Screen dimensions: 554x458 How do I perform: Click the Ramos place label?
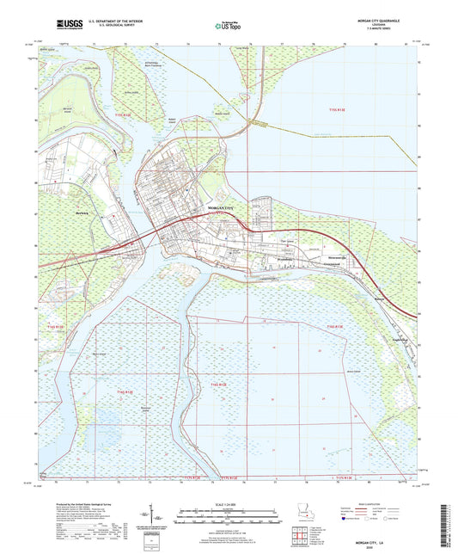pos(382,299)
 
